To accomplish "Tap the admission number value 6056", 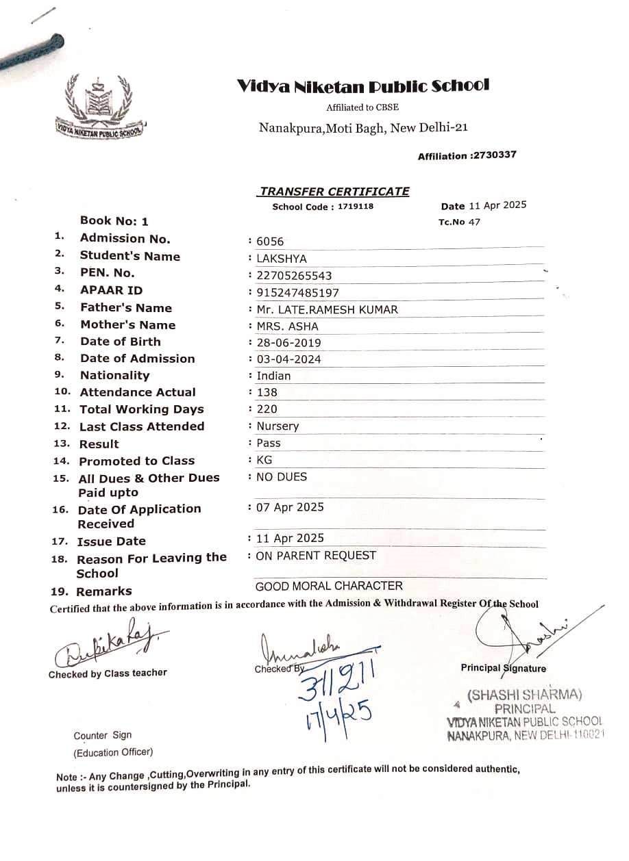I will click(269, 242).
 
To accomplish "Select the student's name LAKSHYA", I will click(282, 259).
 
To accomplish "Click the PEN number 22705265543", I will click(294, 276).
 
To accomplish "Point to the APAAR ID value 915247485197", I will click(297, 292).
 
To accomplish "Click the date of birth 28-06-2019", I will click(288, 343).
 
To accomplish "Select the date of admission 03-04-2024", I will click(288, 359).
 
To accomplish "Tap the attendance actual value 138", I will click(267, 392).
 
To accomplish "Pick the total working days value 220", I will click(267, 409).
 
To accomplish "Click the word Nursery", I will click(277, 426).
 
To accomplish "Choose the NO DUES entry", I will click(281, 476).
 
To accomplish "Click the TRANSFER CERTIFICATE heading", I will click(334, 192).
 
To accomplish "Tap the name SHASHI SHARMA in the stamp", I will click(525, 695).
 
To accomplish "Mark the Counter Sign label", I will click(103, 735).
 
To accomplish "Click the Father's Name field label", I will click(126, 308).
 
